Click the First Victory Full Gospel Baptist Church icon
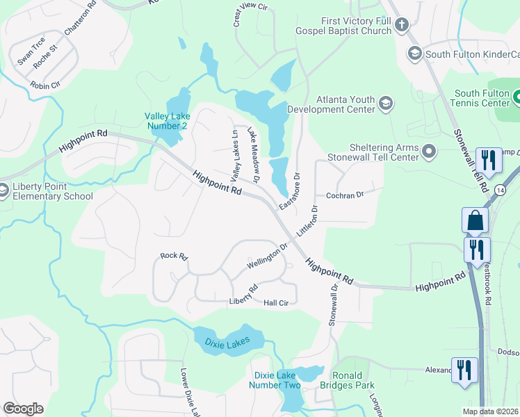point(401,26)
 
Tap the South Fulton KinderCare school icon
point(414,54)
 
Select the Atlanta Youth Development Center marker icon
point(386,104)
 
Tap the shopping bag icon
point(475,221)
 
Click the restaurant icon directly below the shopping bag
point(477,250)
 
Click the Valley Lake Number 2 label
point(165,120)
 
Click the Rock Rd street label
point(174,256)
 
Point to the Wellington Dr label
point(267,257)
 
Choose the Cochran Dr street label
point(345,196)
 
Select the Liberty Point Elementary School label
point(52,191)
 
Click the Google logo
point(23,409)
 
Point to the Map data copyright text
point(490,411)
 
